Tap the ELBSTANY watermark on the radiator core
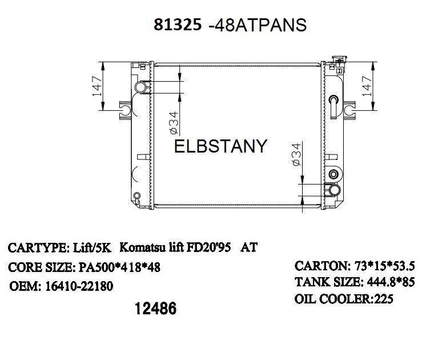point(220,146)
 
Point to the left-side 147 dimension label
point(98,85)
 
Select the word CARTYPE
point(32,249)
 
